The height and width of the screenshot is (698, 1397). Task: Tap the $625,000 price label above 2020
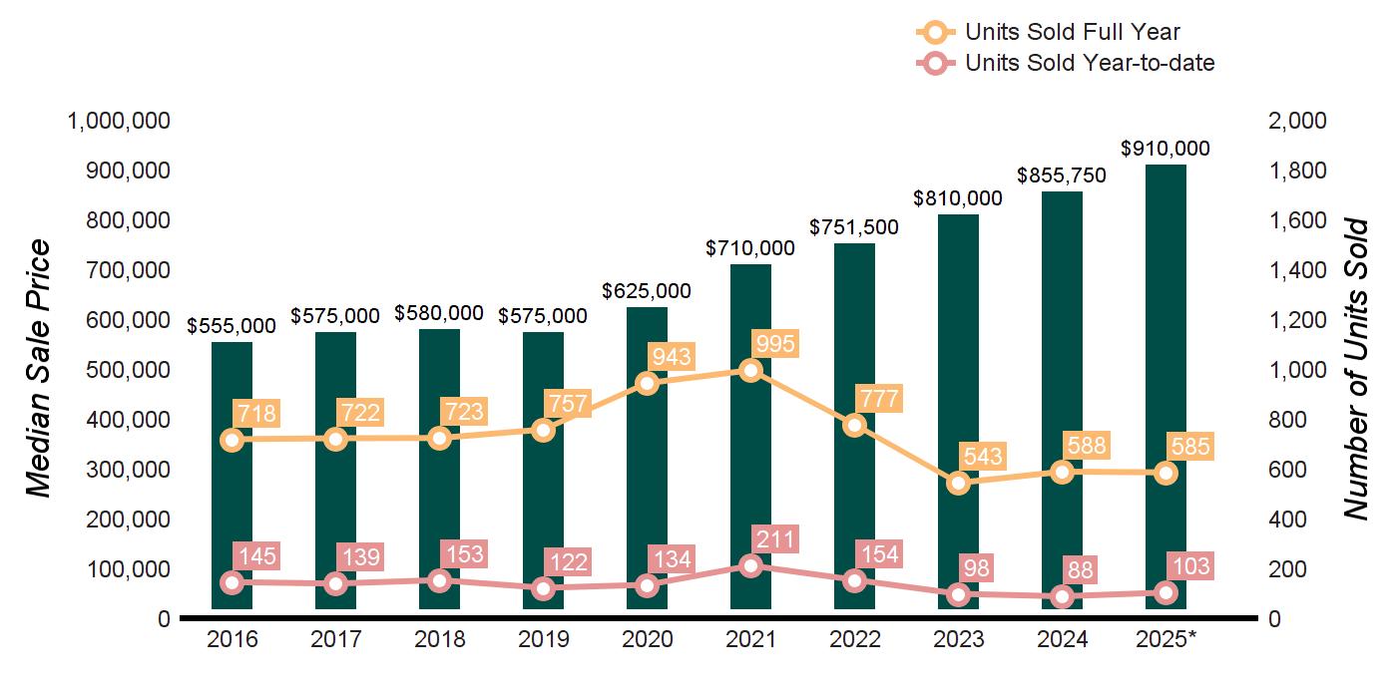pos(647,291)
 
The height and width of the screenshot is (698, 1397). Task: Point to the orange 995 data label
pos(775,344)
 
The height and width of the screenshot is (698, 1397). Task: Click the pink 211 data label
pos(775,540)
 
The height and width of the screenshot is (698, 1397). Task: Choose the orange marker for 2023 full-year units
pos(959,484)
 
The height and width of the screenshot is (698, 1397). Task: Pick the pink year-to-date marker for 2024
pos(1063,597)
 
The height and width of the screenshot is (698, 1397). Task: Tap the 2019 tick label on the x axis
pos(543,639)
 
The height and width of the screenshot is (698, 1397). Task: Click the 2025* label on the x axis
pos(1166,639)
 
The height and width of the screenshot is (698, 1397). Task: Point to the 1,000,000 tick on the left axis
pos(118,121)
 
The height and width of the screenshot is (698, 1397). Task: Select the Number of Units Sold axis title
pos(1354,369)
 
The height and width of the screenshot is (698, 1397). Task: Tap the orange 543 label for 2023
pos(983,458)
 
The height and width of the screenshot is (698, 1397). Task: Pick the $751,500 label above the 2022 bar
pos(854,226)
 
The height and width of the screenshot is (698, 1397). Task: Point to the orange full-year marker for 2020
pos(648,383)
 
